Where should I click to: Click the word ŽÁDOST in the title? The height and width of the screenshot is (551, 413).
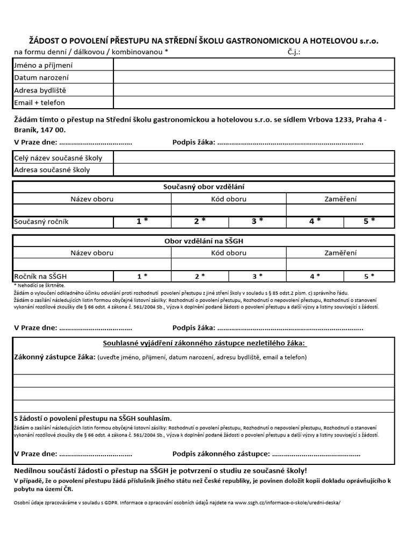coord(45,41)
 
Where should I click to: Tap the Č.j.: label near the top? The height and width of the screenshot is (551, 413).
coord(294,52)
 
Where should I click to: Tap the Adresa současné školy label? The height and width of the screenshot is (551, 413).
coord(52,170)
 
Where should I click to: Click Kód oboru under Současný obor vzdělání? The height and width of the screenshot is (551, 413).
coord(229,199)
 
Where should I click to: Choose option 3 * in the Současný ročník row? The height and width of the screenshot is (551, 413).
coord(257,221)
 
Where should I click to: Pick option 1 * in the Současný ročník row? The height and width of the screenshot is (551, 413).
coord(142,221)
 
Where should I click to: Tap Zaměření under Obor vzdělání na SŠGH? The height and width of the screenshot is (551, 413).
coord(340,252)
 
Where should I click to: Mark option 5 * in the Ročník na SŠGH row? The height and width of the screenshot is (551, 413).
coord(369,276)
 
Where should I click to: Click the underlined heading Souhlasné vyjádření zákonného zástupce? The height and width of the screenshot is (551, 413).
coord(204,343)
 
